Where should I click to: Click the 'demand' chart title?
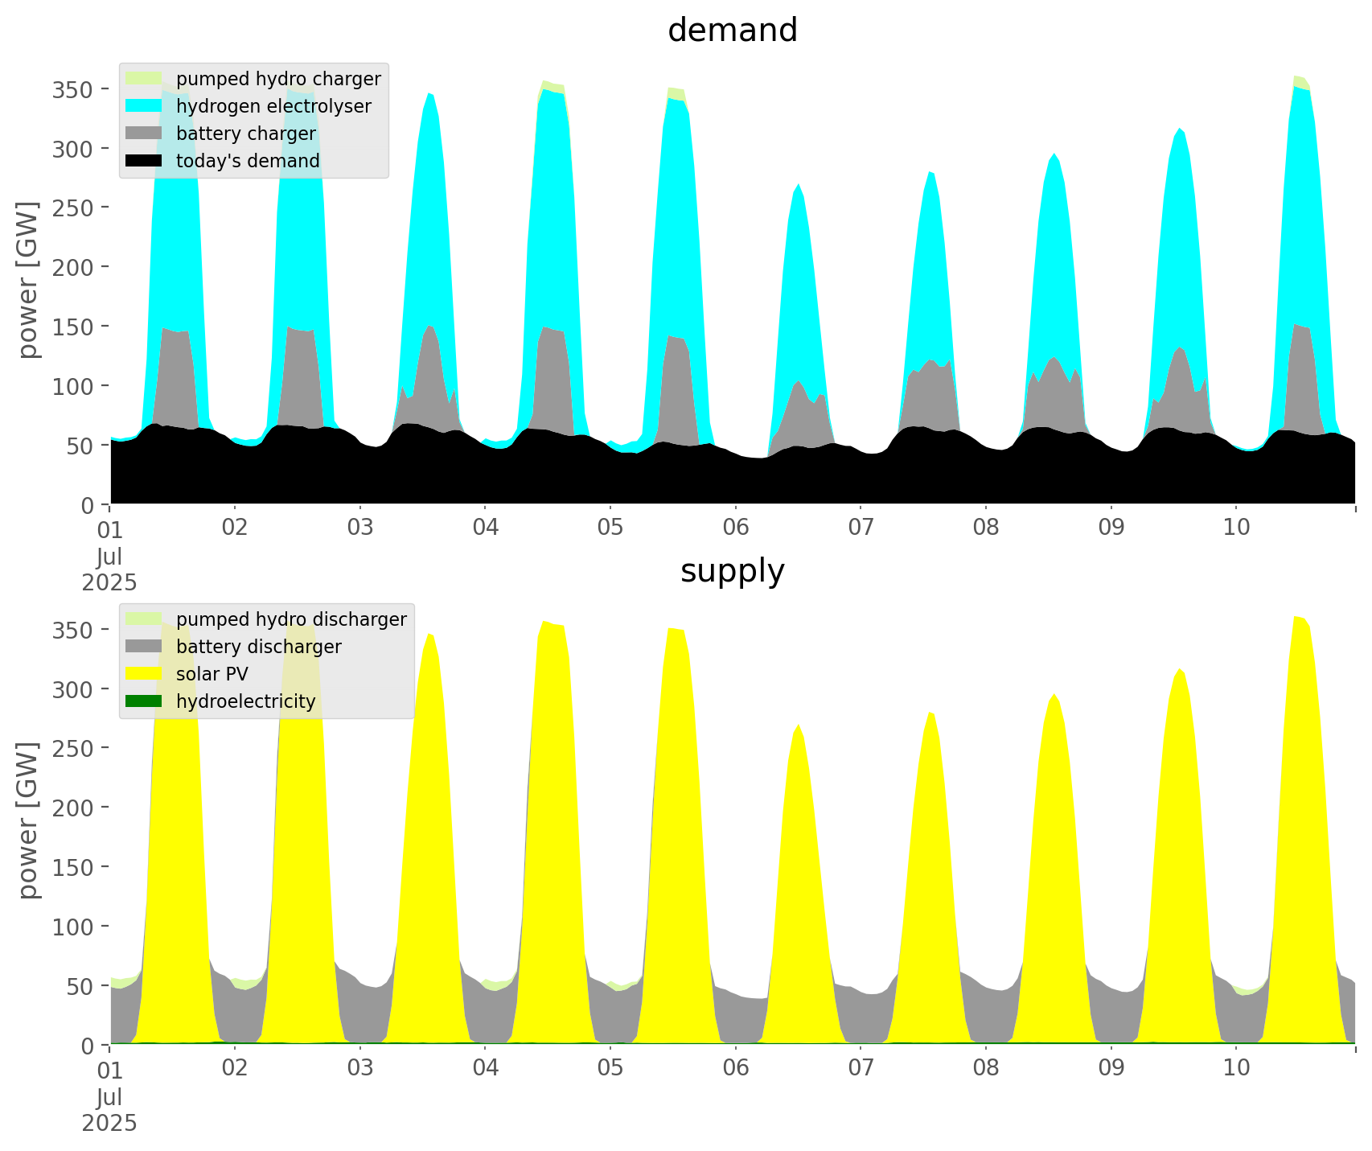(x=732, y=31)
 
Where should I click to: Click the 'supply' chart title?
(x=732, y=571)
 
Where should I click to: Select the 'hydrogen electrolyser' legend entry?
(x=273, y=106)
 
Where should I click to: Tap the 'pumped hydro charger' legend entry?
(x=278, y=79)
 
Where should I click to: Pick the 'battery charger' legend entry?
(x=245, y=134)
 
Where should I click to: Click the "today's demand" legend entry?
(x=248, y=161)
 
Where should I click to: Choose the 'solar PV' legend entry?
(x=212, y=674)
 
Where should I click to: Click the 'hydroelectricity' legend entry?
(x=245, y=701)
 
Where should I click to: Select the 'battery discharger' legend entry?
(x=258, y=647)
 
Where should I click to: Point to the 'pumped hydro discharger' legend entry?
(x=291, y=619)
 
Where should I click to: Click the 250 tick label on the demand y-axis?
(x=72, y=208)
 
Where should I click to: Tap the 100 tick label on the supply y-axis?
(x=72, y=927)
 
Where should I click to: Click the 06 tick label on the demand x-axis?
(x=735, y=528)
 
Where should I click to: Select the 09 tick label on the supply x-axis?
(x=1111, y=1068)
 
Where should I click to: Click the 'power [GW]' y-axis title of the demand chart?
(x=28, y=280)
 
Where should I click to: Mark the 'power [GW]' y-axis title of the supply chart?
(x=28, y=820)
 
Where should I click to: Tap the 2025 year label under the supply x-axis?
(x=109, y=1123)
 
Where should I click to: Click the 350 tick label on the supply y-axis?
(x=72, y=630)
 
